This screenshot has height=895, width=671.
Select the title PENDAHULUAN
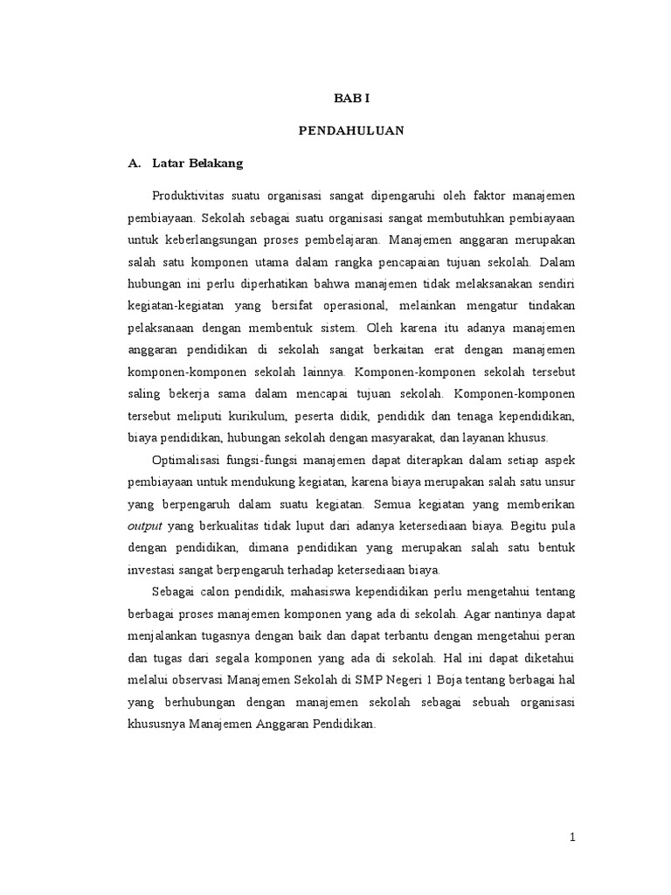click(350, 131)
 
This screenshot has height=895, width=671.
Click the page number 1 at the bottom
click(573, 837)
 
